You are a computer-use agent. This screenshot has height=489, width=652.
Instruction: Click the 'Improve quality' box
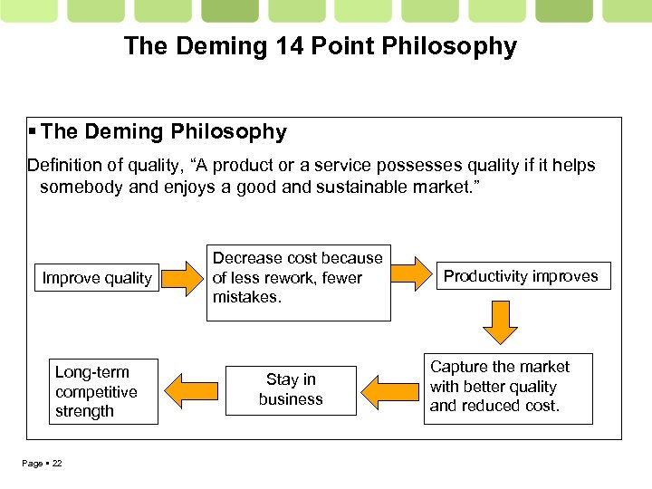click(97, 278)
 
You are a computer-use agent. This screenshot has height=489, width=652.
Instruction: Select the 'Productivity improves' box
click(521, 276)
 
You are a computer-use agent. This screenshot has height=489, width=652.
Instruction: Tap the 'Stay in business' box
click(291, 389)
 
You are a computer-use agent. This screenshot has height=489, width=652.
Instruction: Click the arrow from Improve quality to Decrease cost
click(187, 278)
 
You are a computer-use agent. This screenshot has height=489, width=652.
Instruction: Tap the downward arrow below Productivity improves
click(499, 322)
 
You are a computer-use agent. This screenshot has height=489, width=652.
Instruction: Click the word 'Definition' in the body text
click(66, 165)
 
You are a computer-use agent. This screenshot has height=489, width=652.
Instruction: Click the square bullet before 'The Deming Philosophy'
click(32, 132)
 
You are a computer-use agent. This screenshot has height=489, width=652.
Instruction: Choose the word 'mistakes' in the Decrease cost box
click(247, 297)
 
